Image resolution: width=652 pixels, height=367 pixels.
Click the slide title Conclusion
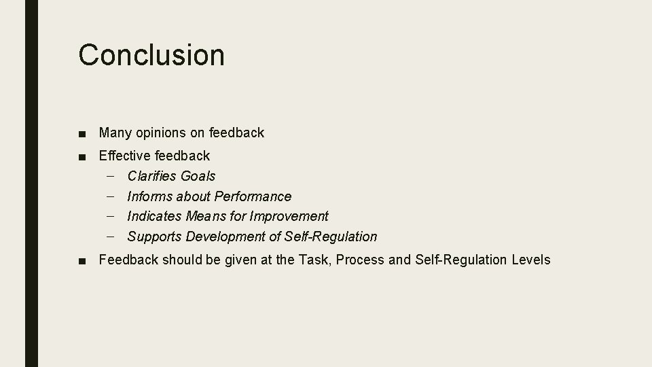click(x=151, y=54)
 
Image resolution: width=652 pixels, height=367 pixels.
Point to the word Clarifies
click(x=151, y=176)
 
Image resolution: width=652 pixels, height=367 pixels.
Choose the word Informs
click(x=149, y=196)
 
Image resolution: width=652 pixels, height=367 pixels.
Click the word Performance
click(x=253, y=196)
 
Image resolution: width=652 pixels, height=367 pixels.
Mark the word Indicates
click(x=155, y=216)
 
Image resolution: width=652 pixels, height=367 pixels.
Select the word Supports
click(x=154, y=237)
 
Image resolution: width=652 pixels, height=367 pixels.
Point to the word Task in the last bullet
click(x=314, y=260)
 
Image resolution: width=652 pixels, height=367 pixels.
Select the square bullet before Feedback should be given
click(x=82, y=260)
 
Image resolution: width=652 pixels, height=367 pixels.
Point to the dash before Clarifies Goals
click(x=110, y=176)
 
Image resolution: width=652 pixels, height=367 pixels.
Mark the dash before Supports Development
click(x=110, y=237)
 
